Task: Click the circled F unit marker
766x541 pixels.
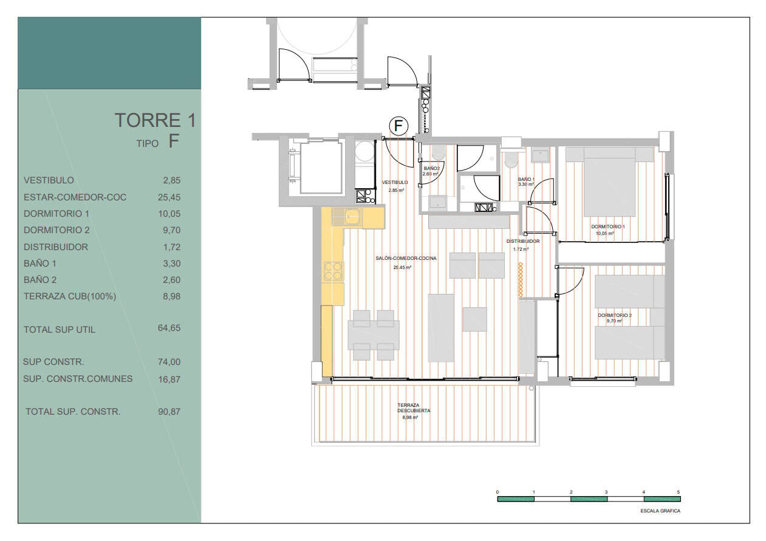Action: [x=398, y=126]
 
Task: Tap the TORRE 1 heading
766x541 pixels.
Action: [x=156, y=120]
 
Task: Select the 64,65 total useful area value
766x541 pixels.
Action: [x=169, y=328]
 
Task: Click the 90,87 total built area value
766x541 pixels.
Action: [x=169, y=412]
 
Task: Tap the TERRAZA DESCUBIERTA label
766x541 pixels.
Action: [x=414, y=407]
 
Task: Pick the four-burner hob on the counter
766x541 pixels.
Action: [x=333, y=271]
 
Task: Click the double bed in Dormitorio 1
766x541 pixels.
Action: [x=609, y=182]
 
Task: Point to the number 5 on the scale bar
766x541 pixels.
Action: [x=679, y=492]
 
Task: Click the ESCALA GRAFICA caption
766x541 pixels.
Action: [x=660, y=511]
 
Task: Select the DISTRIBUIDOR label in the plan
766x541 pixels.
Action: [x=523, y=241]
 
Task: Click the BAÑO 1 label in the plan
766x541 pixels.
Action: [x=526, y=179]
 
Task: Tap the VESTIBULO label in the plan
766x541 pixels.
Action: [x=395, y=183]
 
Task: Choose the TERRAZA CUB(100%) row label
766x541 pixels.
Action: [x=70, y=296]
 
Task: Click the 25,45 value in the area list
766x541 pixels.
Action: [x=169, y=197]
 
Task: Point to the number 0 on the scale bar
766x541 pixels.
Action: [x=498, y=492]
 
